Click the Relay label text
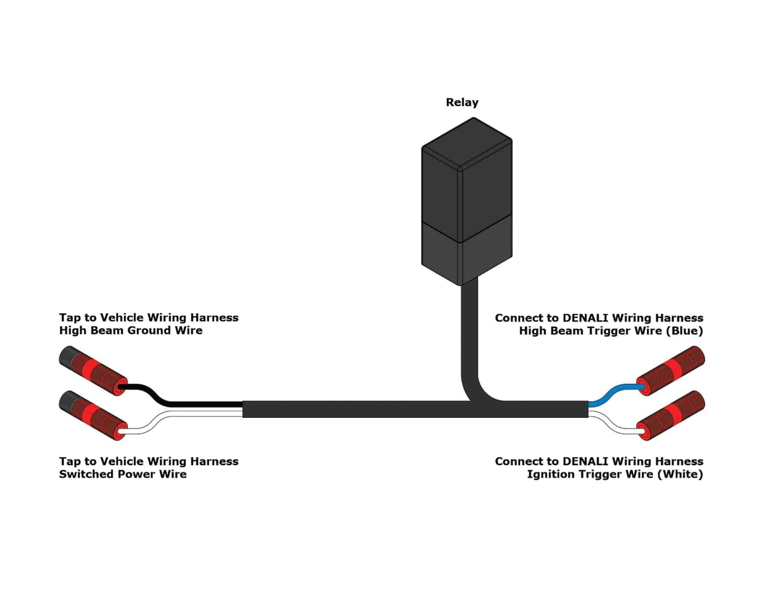(x=462, y=102)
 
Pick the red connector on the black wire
(x=93, y=371)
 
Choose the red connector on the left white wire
(x=93, y=416)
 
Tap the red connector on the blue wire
(x=671, y=371)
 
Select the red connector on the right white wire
(x=671, y=416)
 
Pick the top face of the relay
(x=467, y=142)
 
